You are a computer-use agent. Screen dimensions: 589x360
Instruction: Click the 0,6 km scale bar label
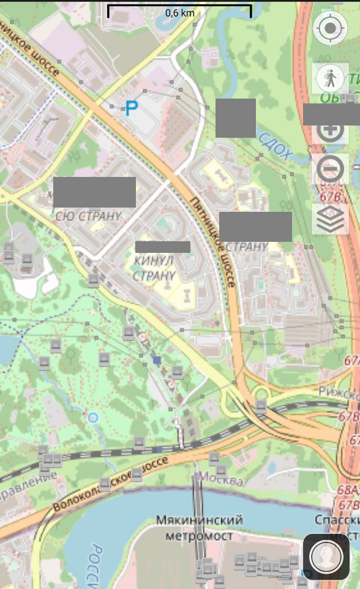(x=179, y=13)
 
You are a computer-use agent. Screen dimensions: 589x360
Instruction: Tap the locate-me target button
(x=330, y=28)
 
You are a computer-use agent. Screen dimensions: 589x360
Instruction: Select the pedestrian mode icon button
(x=331, y=78)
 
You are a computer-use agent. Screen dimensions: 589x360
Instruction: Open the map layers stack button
(x=331, y=219)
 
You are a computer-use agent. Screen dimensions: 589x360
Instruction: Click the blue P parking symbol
(x=131, y=109)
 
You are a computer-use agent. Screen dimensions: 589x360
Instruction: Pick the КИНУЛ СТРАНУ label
(x=154, y=268)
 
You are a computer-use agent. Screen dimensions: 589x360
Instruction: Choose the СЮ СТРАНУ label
(x=88, y=216)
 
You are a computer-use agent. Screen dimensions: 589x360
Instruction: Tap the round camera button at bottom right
(x=326, y=557)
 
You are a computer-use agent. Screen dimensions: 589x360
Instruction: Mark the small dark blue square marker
(x=157, y=361)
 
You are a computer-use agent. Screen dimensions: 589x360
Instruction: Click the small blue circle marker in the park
(x=93, y=418)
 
